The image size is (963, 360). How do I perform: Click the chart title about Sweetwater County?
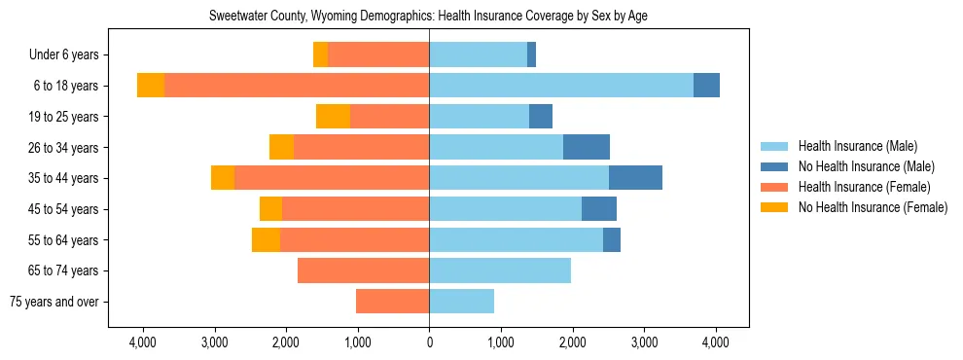coord(429,17)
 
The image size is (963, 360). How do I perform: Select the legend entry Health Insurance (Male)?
coord(857,146)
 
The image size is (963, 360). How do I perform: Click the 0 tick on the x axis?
coord(429,342)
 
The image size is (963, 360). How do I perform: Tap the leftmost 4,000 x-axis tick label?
coord(143,342)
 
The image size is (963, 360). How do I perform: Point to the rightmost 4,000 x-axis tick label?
coord(716,342)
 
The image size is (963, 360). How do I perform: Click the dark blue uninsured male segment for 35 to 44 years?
coord(635,178)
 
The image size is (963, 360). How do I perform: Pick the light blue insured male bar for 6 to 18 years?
coord(561,86)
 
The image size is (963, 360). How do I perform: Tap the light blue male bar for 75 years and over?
coord(461,302)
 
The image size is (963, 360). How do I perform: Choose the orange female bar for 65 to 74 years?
coord(363,270)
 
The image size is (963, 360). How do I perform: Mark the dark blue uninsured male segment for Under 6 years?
coord(531,55)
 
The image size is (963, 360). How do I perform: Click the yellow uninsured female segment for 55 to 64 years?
coord(266,239)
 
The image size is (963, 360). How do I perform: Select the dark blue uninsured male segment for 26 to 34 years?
coord(587,147)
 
